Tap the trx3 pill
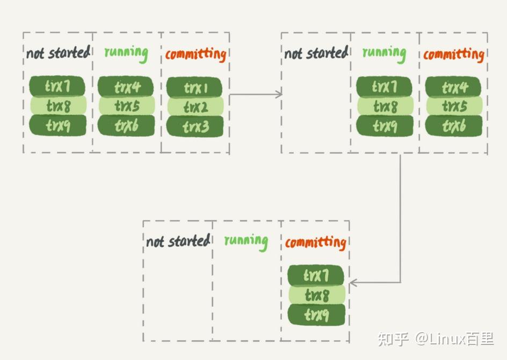click(194, 127)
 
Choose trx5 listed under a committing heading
click(454, 106)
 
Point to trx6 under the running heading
click(126, 126)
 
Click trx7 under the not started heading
click(57, 86)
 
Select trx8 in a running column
click(385, 106)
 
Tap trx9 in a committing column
click(316, 314)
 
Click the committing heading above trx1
click(195, 54)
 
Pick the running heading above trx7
click(383, 53)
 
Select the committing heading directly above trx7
click(315, 242)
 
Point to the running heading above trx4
click(126, 53)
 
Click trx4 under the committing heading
click(454, 87)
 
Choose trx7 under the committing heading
click(316, 276)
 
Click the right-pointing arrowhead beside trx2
click(278, 94)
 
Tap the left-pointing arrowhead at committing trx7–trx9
click(353, 283)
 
